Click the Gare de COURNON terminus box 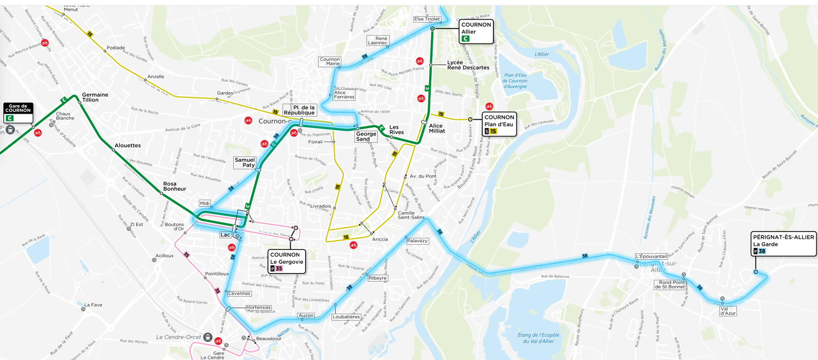18,113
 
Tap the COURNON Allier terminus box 476,32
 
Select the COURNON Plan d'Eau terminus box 499,124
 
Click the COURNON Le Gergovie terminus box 287,261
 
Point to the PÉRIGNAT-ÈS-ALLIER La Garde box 783,244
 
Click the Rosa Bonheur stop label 174,186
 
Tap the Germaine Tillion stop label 95,97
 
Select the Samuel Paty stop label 245,162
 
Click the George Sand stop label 366,137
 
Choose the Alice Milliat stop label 437,129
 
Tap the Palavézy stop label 417,241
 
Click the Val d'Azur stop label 728,311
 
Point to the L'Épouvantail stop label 651,256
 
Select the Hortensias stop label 259,307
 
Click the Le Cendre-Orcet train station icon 208,337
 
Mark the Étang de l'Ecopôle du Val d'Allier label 538,338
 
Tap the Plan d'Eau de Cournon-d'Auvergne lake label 515,81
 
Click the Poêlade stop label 116,48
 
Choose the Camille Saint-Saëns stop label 411,215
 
